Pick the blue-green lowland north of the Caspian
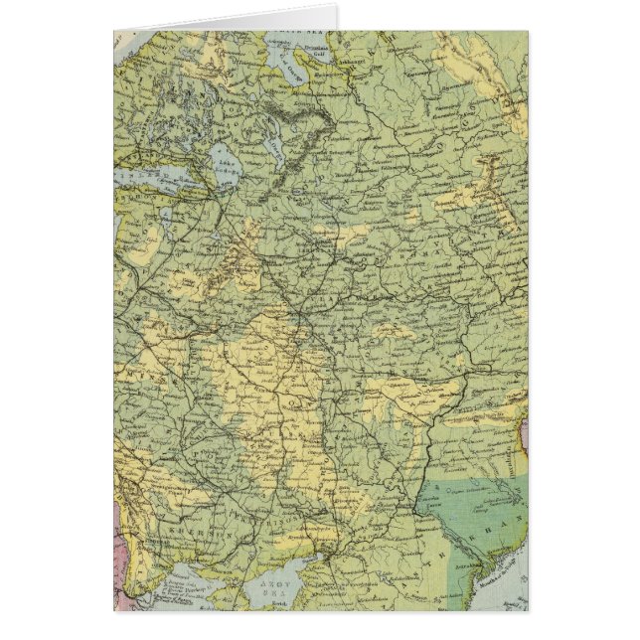pyautogui.click(x=477, y=507)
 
